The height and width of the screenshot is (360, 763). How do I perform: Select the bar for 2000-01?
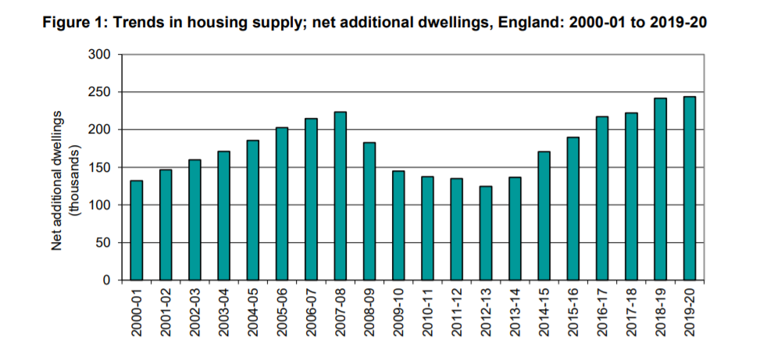pos(137,230)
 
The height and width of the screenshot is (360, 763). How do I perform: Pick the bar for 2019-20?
pos(690,188)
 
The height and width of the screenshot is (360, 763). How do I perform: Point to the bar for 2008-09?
pos(369,211)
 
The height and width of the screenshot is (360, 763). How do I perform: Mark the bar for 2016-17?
pos(602,198)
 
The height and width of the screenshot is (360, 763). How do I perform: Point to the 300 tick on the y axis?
pos(103,55)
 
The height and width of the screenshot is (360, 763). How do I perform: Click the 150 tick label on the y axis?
pos(103,167)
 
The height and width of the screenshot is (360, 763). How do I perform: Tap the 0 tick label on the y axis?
pos(109,280)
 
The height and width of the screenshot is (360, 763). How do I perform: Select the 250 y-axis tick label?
pos(103,92)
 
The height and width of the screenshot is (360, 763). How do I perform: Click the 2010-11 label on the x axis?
pos(428,312)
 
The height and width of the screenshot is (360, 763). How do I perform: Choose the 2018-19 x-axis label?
pos(661,312)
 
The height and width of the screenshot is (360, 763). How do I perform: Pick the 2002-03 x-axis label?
pos(195,312)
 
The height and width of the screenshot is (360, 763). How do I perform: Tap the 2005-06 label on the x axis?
pos(283,312)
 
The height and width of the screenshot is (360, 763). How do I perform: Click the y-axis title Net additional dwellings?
pos(57,186)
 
